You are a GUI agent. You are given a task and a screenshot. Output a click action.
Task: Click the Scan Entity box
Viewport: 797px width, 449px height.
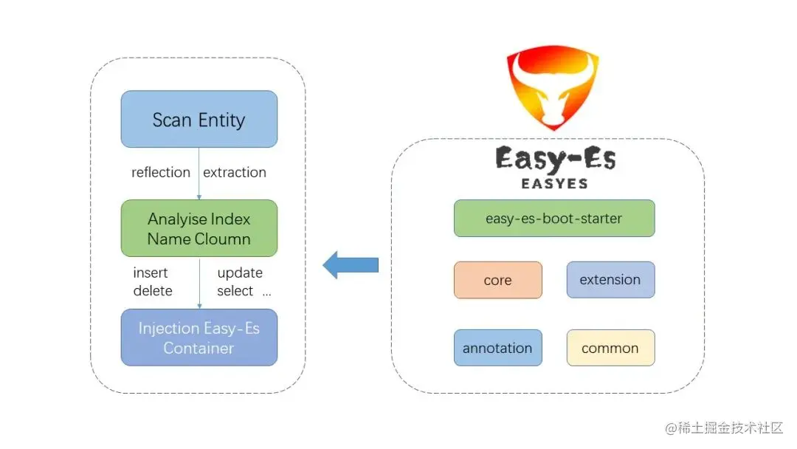pyautogui.click(x=199, y=119)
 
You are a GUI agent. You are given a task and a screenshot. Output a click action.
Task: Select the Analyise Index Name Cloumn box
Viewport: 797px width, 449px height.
pyautogui.click(x=199, y=229)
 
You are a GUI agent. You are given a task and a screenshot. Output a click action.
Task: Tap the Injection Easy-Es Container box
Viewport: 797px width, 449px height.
pyautogui.click(x=199, y=337)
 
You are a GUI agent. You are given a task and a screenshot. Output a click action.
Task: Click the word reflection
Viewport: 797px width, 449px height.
pyautogui.click(x=161, y=172)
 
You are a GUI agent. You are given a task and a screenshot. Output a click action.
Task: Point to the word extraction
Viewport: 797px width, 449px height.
pyautogui.click(x=235, y=172)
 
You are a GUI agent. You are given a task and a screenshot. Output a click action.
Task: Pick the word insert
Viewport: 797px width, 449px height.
pyautogui.click(x=151, y=273)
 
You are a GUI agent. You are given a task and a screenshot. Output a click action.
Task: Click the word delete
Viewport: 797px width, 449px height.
pyautogui.click(x=153, y=291)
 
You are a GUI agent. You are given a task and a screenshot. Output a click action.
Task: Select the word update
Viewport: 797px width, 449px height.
pyautogui.click(x=240, y=273)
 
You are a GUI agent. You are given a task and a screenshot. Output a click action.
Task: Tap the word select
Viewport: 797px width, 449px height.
pyautogui.click(x=235, y=291)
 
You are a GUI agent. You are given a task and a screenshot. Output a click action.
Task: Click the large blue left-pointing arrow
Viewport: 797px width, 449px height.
pyautogui.click(x=351, y=264)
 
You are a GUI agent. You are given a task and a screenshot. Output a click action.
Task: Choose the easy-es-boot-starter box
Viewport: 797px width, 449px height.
pyautogui.click(x=553, y=218)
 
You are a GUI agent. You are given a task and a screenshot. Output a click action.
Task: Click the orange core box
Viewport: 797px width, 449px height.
pyautogui.click(x=498, y=280)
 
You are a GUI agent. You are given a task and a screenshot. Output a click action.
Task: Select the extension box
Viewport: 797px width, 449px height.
pyautogui.click(x=610, y=280)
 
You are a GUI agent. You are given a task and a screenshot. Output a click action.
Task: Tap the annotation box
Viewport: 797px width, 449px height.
pyautogui.click(x=498, y=348)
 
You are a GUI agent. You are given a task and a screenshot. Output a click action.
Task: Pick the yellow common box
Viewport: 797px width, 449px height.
pyautogui.click(x=610, y=348)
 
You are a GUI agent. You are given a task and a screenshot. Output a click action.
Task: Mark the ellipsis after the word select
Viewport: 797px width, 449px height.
pyautogui.click(x=266, y=292)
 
